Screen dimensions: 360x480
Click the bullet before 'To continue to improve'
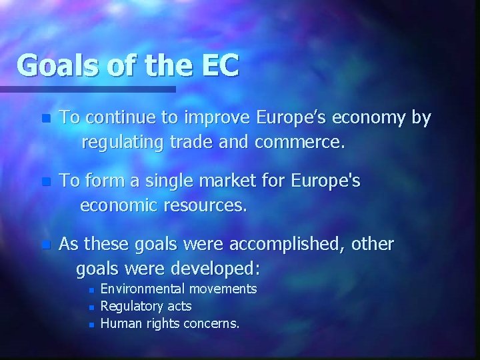(45, 119)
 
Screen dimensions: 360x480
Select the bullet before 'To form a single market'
(45, 183)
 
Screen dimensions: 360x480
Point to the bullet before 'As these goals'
(45, 245)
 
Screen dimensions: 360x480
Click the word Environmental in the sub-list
(143, 289)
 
